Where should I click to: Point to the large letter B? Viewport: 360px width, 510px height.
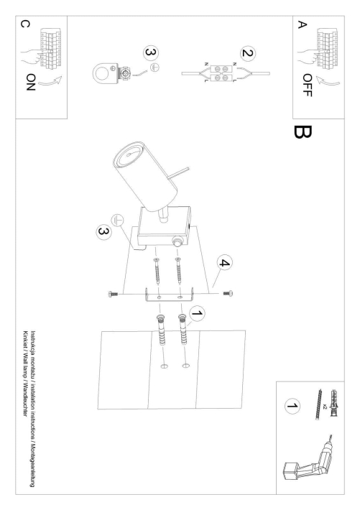point(300,132)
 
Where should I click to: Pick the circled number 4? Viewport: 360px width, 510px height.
point(226,264)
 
